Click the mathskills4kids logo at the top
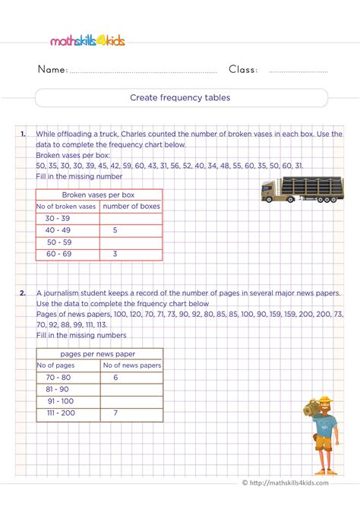tap(87, 40)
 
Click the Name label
tap(52, 70)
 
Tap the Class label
tap(243, 70)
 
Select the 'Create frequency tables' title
tap(180, 98)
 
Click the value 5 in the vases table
tap(115, 229)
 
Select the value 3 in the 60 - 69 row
tap(115, 254)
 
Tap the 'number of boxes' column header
tap(131, 206)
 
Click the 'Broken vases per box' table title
tap(99, 194)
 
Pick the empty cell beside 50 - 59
tap(131, 242)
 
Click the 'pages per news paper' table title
tap(99, 353)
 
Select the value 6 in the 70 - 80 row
tap(115, 377)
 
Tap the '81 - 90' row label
tap(58, 389)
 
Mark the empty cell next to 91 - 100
tap(131, 401)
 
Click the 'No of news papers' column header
tap(131, 365)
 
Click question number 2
tap(24, 292)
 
